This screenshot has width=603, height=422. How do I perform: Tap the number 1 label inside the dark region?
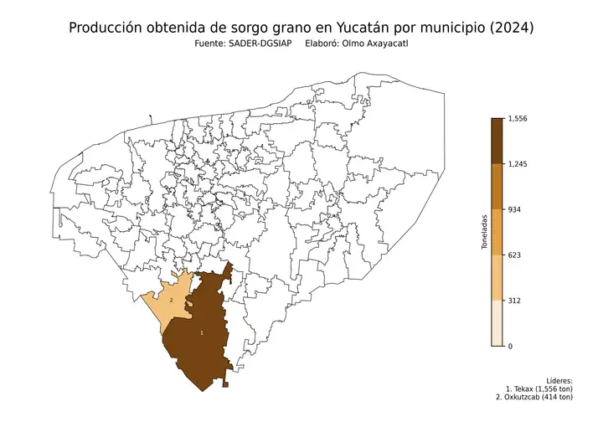coord(201,333)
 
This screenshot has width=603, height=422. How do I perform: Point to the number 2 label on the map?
coord(172,300)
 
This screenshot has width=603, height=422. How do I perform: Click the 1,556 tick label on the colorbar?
coord(519,120)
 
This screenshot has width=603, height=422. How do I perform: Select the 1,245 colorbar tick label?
coord(519,164)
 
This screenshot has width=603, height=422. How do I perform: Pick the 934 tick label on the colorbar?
coord(516,209)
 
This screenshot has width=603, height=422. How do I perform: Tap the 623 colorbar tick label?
coord(516,255)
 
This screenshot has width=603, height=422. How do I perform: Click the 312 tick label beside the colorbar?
coord(516,300)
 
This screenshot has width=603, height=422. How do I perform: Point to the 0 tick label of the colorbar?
coord(511,345)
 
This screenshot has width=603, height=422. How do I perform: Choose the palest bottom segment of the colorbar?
coord(497,323)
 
